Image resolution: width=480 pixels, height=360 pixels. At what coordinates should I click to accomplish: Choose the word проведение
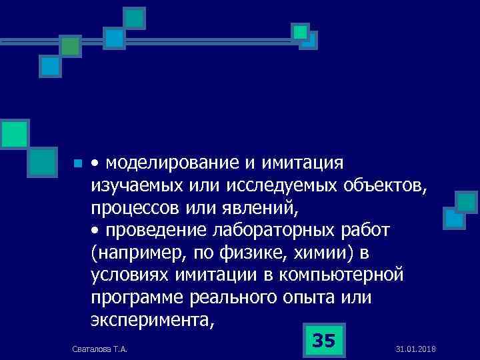pyautogui.click(x=151, y=231)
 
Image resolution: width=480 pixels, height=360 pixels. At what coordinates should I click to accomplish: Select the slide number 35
pyautogui.click(x=323, y=341)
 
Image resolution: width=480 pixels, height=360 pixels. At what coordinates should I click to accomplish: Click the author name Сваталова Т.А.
pyautogui.click(x=101, y=349)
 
